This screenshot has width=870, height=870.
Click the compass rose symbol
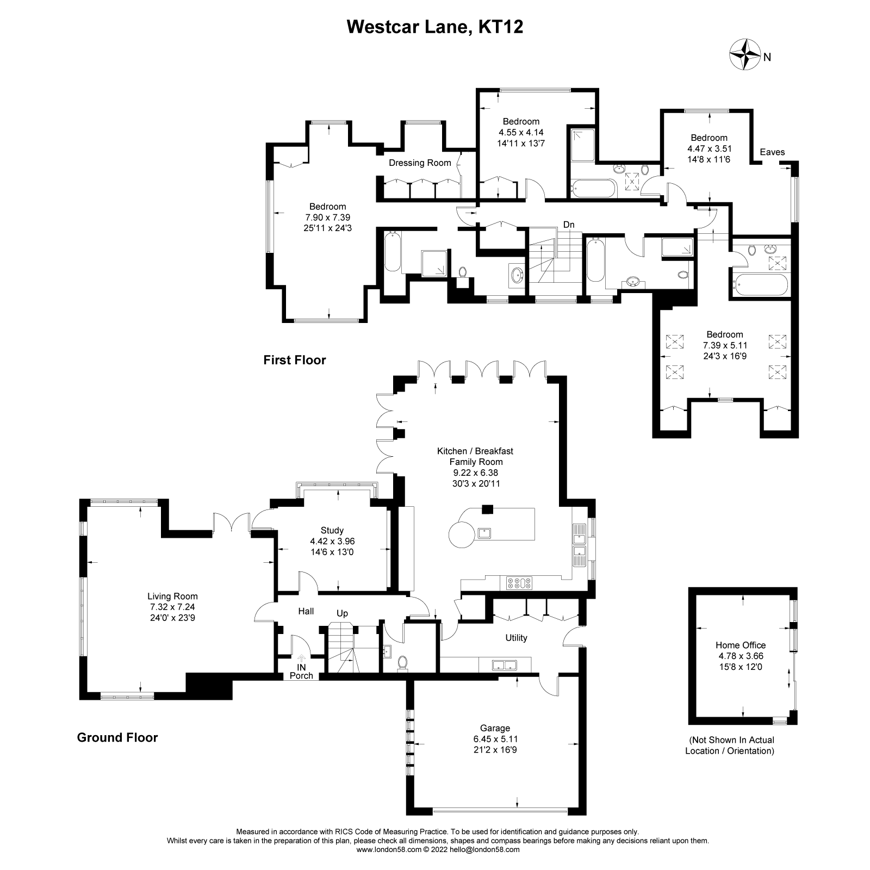744,54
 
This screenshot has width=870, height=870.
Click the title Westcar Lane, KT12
435,27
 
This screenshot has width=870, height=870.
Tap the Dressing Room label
420,163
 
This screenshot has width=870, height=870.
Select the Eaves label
772,152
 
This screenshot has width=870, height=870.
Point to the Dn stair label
569,225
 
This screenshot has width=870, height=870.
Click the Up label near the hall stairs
342,613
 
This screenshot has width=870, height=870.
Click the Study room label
332,530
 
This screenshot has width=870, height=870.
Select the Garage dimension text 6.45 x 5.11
495,739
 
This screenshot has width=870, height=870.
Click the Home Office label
740,645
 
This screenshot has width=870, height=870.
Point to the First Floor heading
294,360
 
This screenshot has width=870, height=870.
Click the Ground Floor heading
117,737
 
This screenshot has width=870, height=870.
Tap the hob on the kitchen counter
519,583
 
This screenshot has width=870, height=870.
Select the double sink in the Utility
504,664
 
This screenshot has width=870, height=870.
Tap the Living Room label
172,596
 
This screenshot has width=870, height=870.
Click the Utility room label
516,638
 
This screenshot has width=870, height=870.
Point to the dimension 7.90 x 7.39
327,217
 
